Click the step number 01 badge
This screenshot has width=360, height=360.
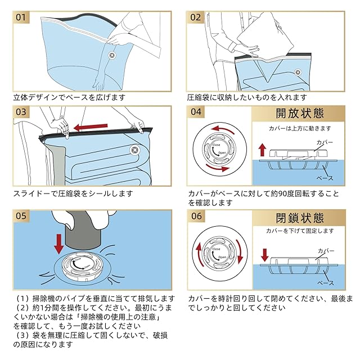[21, 17]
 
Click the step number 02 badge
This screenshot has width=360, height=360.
[195, 17]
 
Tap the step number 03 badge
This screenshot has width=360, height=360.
[21, 112]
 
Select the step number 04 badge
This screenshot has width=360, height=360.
[196, 112]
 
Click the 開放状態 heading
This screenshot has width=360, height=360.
[300, 113]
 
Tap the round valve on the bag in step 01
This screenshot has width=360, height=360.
[111, 55]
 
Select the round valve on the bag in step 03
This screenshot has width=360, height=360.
[135, 150]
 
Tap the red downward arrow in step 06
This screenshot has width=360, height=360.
[265, 254]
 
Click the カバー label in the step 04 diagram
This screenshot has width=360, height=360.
[326, 143]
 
